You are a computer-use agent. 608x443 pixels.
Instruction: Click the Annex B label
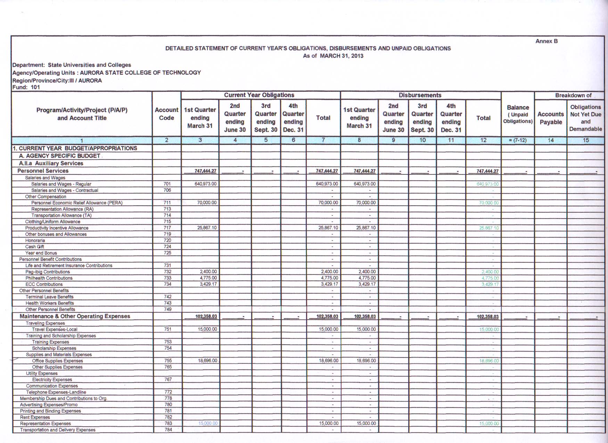click(x=546, y=41)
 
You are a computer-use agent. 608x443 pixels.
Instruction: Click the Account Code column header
click(x=166, y=114)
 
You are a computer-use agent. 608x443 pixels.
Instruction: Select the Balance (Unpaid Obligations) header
click(x=518, y=114)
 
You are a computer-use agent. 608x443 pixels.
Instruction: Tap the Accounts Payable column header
click(x=550, y=118)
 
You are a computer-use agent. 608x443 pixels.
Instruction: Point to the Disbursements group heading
click(x=420, y=95)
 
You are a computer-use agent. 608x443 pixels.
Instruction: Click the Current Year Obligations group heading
click(x=259, y=95)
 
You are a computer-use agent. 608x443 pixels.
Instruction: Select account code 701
click(x=167, y=184)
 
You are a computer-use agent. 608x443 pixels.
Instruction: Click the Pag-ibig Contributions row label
click(x=48, y=272)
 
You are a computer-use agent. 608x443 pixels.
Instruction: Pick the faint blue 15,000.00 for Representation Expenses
click(x=208, y=423)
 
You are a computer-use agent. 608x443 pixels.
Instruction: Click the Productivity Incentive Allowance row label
click(x=57, y=228)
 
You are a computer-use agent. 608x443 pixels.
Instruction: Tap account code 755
click(x=168, y=361)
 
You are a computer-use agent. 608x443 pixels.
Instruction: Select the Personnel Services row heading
click(x=43, y=171)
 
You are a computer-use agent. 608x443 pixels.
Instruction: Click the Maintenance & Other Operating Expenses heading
click(x=75, y=316)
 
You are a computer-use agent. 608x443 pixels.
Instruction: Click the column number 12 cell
click(x=483, y=140)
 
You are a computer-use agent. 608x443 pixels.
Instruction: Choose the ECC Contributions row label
click(x=44, y=284)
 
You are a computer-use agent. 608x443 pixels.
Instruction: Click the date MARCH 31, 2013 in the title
click(x=341, y=56)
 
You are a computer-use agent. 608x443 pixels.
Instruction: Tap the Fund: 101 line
click(x=26, y=87)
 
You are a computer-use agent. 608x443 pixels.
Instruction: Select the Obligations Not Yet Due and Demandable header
click(x=585, y=118)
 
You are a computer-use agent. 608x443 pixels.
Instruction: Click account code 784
click(x=168, y=429)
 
